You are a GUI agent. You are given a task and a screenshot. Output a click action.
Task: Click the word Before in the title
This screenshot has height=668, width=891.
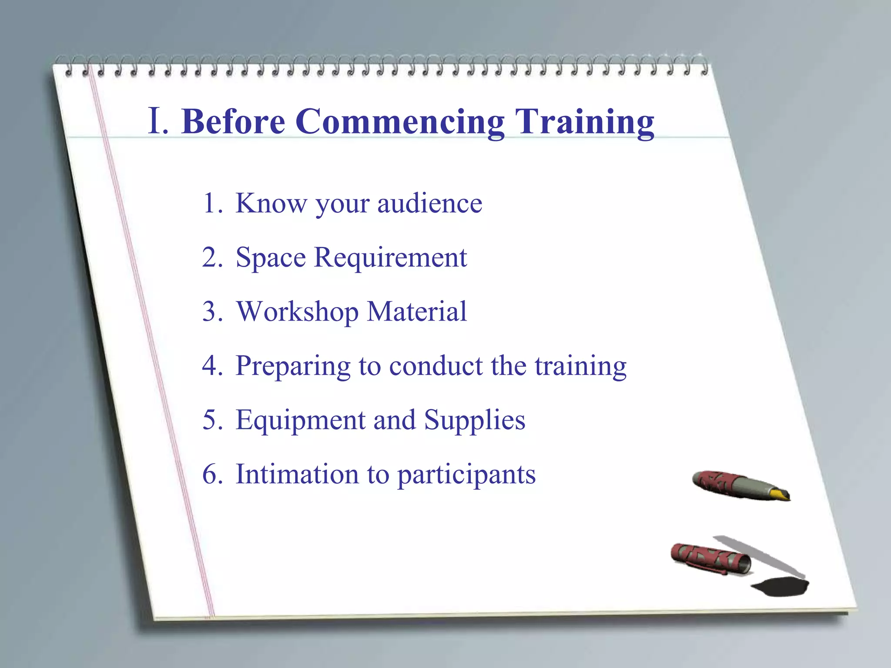coord(233,122)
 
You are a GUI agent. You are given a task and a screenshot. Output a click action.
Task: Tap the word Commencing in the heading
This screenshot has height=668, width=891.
coord(400,123)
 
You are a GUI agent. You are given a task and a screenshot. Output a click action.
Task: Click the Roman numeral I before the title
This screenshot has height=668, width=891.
coord(156,121)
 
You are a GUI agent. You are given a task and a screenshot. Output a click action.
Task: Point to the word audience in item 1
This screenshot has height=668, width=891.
coord(429,204)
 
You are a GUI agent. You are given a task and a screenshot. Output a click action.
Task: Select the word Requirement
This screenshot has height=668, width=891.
coord(390,258)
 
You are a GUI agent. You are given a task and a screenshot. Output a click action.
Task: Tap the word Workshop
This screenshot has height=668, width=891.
coord(297,312)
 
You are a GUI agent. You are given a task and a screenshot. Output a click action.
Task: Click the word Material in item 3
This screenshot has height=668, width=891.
coord(416,311)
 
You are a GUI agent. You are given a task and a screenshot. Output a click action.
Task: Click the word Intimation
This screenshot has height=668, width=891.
coord(297,474)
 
